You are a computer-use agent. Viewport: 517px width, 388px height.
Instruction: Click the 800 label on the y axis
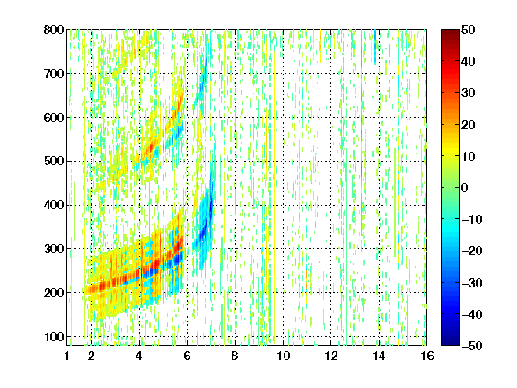(x=54, y=30)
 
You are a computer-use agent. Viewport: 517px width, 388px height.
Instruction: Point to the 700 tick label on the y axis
(x=54, y=74)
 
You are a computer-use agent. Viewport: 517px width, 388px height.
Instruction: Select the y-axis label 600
(x=54, y=118)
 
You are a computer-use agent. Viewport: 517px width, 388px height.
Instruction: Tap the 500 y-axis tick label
(x=54, y=162)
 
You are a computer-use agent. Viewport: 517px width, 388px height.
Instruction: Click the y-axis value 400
(x=54, y=205)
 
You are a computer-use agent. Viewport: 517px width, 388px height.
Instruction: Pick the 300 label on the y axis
(x=54, y=249)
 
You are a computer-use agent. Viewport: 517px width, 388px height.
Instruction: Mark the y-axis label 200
(x=54, y=293)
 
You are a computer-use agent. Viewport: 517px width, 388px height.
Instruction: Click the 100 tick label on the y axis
(x=54, y=337)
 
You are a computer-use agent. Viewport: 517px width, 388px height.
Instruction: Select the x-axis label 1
(x=67, y=356)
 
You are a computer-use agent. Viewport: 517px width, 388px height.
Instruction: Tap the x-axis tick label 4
(x=139, y=356)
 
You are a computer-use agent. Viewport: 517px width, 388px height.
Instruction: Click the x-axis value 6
(x=187, y=356)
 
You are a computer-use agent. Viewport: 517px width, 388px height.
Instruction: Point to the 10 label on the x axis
(x=283, y=356)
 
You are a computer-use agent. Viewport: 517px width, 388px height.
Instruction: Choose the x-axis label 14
(x=379, y=356)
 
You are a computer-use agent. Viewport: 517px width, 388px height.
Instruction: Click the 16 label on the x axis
(x=427, y=356)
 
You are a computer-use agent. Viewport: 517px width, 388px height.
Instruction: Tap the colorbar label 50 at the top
(x=468, y=30)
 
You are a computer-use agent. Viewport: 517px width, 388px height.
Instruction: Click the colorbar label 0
(x=465, y=188)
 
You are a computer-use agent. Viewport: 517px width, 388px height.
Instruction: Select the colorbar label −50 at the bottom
(x=472, y=346)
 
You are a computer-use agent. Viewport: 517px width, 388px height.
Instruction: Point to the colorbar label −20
(x=472, y=251)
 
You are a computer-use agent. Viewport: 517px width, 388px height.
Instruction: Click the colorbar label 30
(x=468, y=93)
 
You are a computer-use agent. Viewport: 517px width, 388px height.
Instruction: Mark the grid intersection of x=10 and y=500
(x=284, y=162)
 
